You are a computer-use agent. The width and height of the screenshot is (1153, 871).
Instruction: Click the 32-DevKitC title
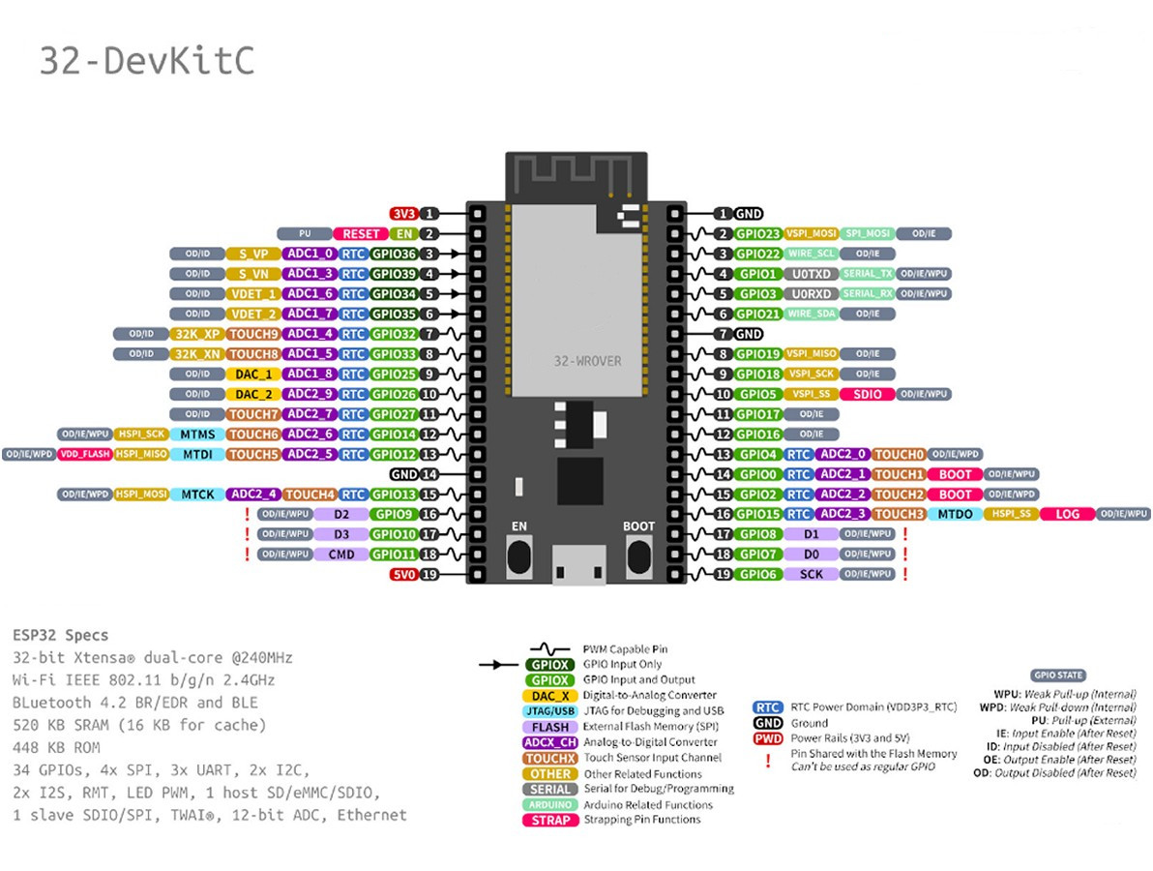click(x=147, y=60)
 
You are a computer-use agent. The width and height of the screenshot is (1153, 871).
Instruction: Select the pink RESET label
click(x=361, y=233)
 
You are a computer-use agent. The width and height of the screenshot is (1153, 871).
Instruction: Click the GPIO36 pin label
click(x=394, y=254)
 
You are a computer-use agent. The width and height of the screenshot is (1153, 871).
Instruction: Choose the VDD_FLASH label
click(x=84, y=454)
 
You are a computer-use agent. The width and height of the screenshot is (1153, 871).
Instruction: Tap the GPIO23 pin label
click(x=757, y=233)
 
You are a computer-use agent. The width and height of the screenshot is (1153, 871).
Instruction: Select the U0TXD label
click(x=811, y=274)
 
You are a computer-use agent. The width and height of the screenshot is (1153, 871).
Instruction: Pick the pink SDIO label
click(x=866, y=394)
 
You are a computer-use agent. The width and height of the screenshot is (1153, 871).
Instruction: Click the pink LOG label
click(x=1067, y=514)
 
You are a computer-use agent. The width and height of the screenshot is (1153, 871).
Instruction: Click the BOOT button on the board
click(x=638, y=556)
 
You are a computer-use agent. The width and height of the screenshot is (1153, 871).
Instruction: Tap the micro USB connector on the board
click(x=578, y=566)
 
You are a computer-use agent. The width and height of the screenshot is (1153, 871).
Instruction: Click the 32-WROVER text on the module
click(x=587, y=360)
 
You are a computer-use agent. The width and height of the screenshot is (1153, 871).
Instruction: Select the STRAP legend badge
click(x=550, y=820)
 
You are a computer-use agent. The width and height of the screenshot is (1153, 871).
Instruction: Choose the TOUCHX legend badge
click(x=550, y=758)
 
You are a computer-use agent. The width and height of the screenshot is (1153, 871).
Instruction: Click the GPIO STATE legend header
click(x=1058, y=676)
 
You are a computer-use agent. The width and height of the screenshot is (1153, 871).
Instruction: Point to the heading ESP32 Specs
click(x=60, y=636)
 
